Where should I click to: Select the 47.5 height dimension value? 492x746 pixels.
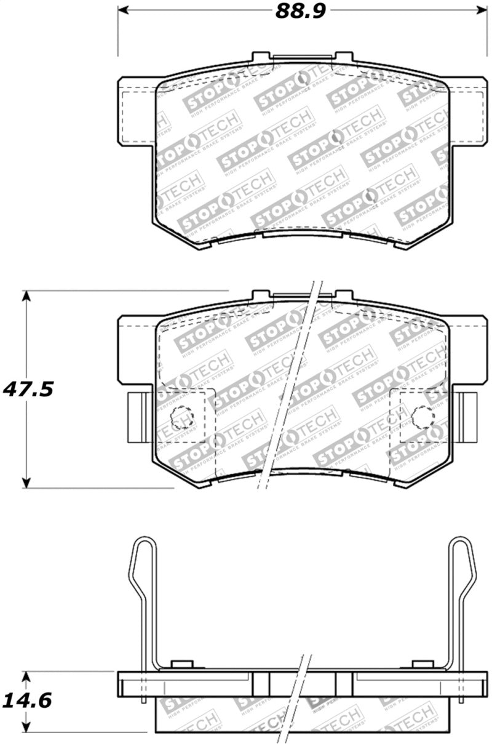(x=29, y=390)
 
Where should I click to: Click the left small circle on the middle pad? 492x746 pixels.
(x=181, y=418)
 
